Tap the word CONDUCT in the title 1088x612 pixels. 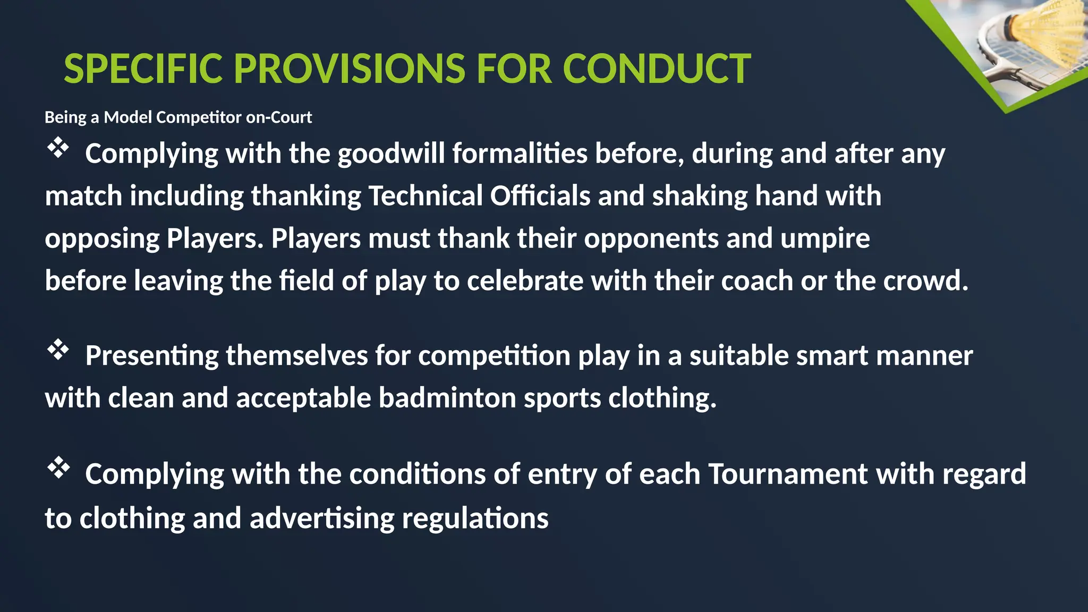(656, 69)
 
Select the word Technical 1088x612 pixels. (425, 196)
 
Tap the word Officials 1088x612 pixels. (540, 196)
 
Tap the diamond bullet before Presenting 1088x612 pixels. (58, 350)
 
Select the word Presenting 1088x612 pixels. (151, 355)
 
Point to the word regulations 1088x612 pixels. (475, 518)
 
